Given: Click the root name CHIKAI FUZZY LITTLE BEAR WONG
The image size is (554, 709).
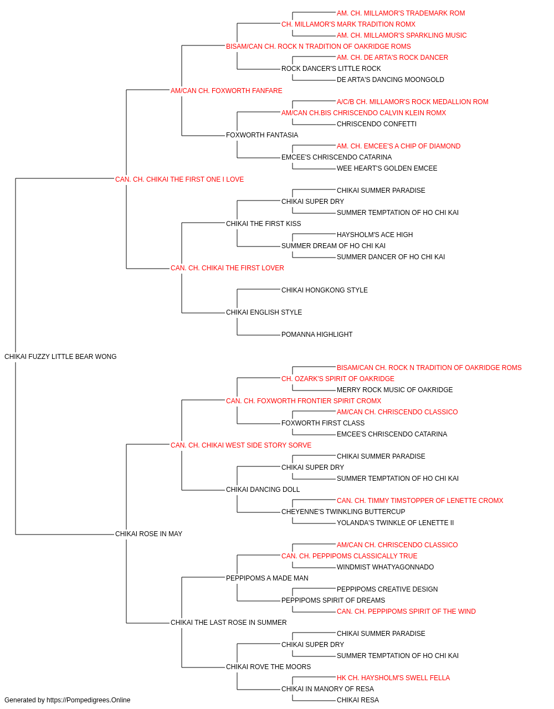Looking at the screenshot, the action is coord(60,357).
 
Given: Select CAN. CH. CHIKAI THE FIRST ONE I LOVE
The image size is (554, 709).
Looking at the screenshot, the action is coord(179,179).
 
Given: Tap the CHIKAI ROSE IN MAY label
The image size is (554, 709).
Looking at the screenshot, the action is coord(148,534).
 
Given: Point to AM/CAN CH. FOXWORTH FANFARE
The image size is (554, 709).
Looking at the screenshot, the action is coord(227,91).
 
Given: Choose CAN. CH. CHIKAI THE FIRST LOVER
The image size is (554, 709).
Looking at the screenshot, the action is coord(227,268).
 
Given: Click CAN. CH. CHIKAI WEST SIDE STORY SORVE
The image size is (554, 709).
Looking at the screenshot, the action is coord(241,445).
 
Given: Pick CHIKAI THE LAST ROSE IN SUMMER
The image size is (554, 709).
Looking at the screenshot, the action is coord(228,623).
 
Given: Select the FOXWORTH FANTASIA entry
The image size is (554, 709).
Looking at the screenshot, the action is coord(262,135).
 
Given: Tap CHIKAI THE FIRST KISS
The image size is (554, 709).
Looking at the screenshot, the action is coord(263,223).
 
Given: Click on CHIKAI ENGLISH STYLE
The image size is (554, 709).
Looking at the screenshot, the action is coord(264,312).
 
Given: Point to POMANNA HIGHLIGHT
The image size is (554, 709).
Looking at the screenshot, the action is coord(317,335).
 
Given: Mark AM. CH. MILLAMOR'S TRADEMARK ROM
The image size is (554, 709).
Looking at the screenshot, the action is coord(401,13).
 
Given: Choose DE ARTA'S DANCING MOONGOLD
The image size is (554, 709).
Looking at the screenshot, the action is coord(390,80).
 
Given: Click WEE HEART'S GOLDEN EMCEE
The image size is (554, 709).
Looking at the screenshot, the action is coord(387,168).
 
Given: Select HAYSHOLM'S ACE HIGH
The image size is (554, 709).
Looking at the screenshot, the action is coord(375,235).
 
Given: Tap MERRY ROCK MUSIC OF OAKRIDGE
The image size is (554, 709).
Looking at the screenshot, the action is coord(394,390).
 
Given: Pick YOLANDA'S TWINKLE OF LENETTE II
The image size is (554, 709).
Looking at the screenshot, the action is coord(395,523).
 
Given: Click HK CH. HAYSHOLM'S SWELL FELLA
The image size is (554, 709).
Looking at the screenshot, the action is coord(393,678).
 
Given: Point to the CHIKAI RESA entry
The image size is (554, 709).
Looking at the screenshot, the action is coord(357,700).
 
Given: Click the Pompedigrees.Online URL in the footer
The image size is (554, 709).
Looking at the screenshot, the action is coord(89,700).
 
